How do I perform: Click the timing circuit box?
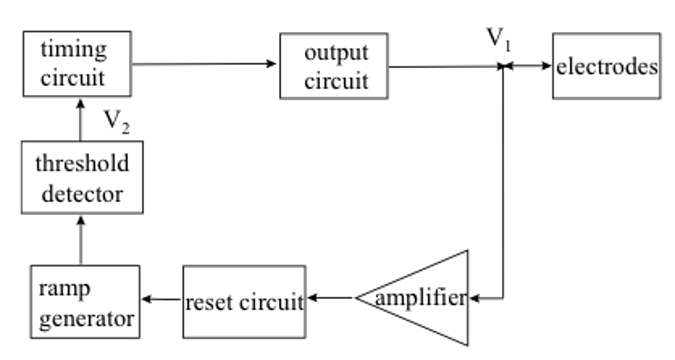pos(77,64)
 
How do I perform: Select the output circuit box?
pos(334,66)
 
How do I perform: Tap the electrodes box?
pos(606,66)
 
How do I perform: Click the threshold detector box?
pos(82,178)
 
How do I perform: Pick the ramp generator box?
pos(85,302)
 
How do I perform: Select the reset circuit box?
pos(244,302)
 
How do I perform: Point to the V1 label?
pos(498,40)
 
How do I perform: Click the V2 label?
pos(116,122)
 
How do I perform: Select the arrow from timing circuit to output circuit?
pos(205,64)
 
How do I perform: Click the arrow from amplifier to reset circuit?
pos(330,298)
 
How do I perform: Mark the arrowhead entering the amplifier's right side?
pos(474,299)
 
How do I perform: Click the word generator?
pos(86,319)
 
